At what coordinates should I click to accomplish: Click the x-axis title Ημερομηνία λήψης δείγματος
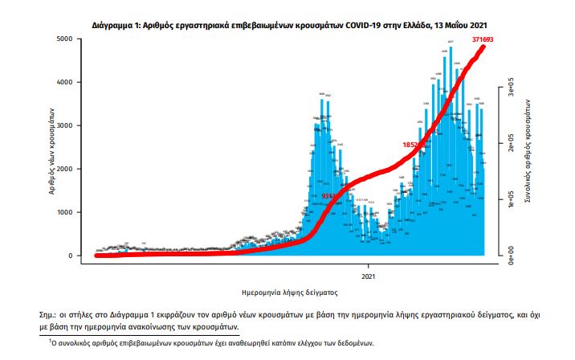tap(287, 292)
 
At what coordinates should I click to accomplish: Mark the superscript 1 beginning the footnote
tap(51, 341)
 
